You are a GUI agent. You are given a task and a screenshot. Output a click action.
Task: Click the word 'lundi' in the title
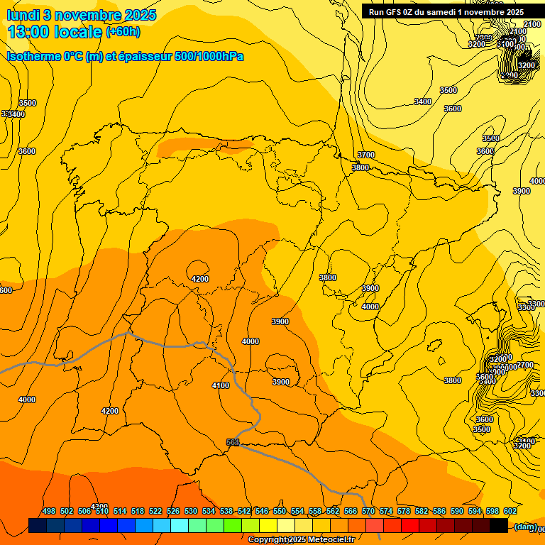coord(22,15)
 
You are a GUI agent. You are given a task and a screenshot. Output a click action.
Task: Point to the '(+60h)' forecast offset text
coord(123,32)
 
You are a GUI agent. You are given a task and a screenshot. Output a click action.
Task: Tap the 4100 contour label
coord(221,385)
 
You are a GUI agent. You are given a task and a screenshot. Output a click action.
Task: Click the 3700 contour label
coord(365,155)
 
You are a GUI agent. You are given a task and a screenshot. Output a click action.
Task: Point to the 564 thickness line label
coord(233,442)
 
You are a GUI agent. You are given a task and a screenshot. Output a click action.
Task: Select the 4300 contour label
coord(100,507)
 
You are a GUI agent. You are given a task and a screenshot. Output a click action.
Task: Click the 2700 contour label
coord(525,365)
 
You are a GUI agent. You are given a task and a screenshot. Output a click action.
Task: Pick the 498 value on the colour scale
coord(49,511)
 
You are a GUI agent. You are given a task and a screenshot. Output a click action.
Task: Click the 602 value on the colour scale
coord(510,511)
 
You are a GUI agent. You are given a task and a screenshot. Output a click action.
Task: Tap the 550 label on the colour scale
coord(280,511)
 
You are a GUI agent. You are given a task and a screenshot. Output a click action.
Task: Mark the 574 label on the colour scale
coord(386,511)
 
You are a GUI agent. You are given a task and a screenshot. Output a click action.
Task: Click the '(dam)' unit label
coord(526,526)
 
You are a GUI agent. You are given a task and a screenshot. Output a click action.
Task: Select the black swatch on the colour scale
coord(499,526)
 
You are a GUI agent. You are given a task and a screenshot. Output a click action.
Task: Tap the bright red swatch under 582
coord(410,526)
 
